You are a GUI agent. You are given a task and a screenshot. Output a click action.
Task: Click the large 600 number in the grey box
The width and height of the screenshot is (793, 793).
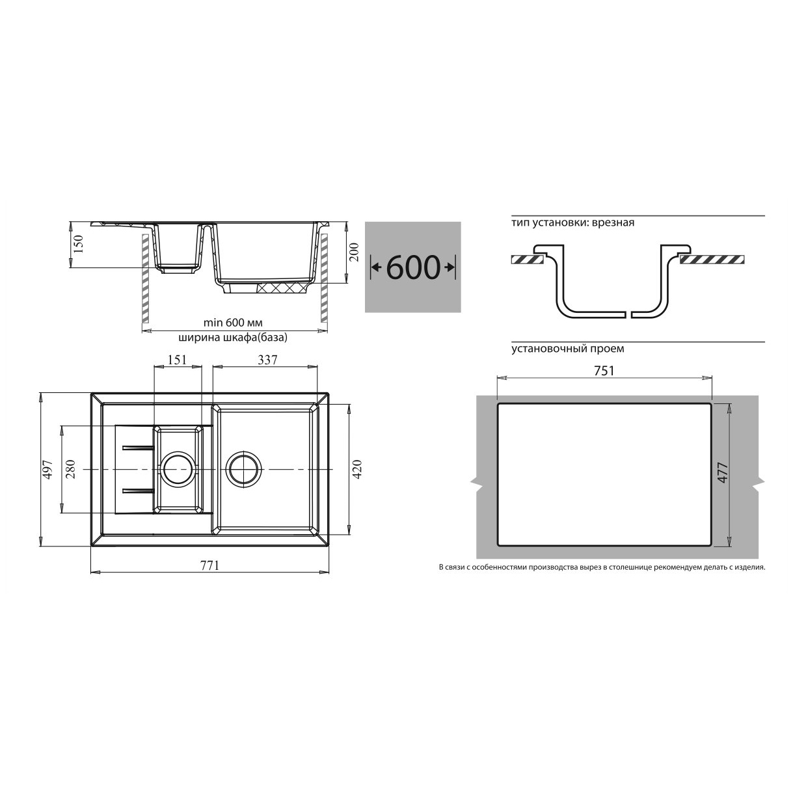click(413, 268)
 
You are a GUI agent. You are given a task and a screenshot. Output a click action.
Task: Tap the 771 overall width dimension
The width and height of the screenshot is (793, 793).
click(210, 565)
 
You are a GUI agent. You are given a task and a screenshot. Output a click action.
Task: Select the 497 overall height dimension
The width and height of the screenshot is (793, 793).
click(48, 469)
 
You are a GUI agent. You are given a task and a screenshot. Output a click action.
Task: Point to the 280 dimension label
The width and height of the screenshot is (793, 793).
click(70, 469)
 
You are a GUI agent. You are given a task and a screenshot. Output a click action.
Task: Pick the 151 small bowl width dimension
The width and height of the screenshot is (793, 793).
click(177, 360)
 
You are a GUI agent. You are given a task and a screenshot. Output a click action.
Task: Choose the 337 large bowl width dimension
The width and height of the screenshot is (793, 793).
click(267, 360)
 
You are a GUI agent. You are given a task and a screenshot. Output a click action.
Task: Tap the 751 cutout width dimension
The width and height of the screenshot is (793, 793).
click(604, 371)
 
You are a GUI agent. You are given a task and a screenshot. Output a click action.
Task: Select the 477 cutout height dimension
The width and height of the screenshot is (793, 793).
click(723, 473)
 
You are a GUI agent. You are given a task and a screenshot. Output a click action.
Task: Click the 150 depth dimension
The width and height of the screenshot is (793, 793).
click(78, 244)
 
